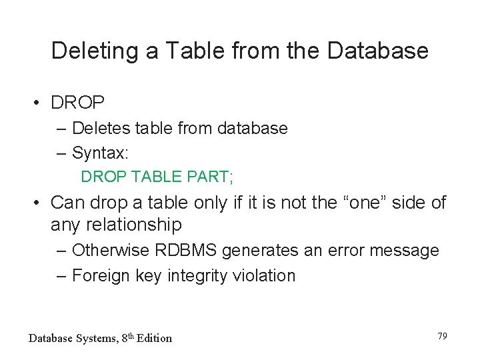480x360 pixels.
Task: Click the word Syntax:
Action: click(100, 153)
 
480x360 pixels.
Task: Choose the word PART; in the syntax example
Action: click(212, 177)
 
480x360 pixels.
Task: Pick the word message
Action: click(406, 251)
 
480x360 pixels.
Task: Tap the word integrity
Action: click(197, 275)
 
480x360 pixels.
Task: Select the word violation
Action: click(265, 275)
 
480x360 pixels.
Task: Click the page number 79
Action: click(442, 336)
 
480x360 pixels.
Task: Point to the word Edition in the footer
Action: click(154, 338)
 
